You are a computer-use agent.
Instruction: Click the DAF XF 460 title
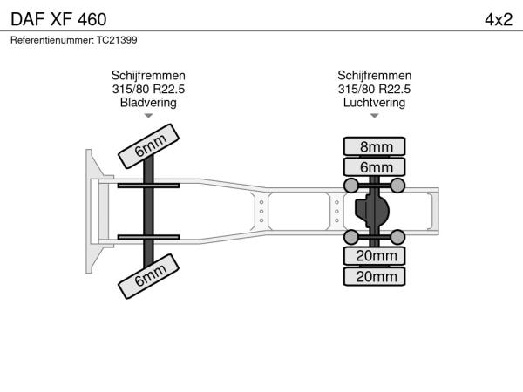coord(58,19)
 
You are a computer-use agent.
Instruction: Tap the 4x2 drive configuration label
coord(499,20)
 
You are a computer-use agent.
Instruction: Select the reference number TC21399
coord(117,40)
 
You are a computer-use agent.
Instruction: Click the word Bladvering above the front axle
coord(148,102)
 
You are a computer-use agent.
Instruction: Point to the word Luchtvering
coord(374,102)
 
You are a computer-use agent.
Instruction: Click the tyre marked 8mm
coord(374,146)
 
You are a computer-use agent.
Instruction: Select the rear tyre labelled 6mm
coord(374,166)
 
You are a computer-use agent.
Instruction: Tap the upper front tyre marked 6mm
coord(149,146)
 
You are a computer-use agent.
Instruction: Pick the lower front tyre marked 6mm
coord(149,276)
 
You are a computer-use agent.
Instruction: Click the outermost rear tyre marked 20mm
coord(374,276)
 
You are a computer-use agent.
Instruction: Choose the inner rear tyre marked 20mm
coord(374,256)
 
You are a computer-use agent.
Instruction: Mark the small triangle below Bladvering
coord(148,116)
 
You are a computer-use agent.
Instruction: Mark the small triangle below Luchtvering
coord(374,116)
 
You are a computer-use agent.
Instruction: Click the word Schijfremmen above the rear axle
coord(374,75)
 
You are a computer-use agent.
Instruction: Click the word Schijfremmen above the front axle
coord(148,75)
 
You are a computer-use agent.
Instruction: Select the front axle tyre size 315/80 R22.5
coord(148,89)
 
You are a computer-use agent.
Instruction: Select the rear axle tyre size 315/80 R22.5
coord(374,89)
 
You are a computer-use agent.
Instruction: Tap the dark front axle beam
coord(149,211)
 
